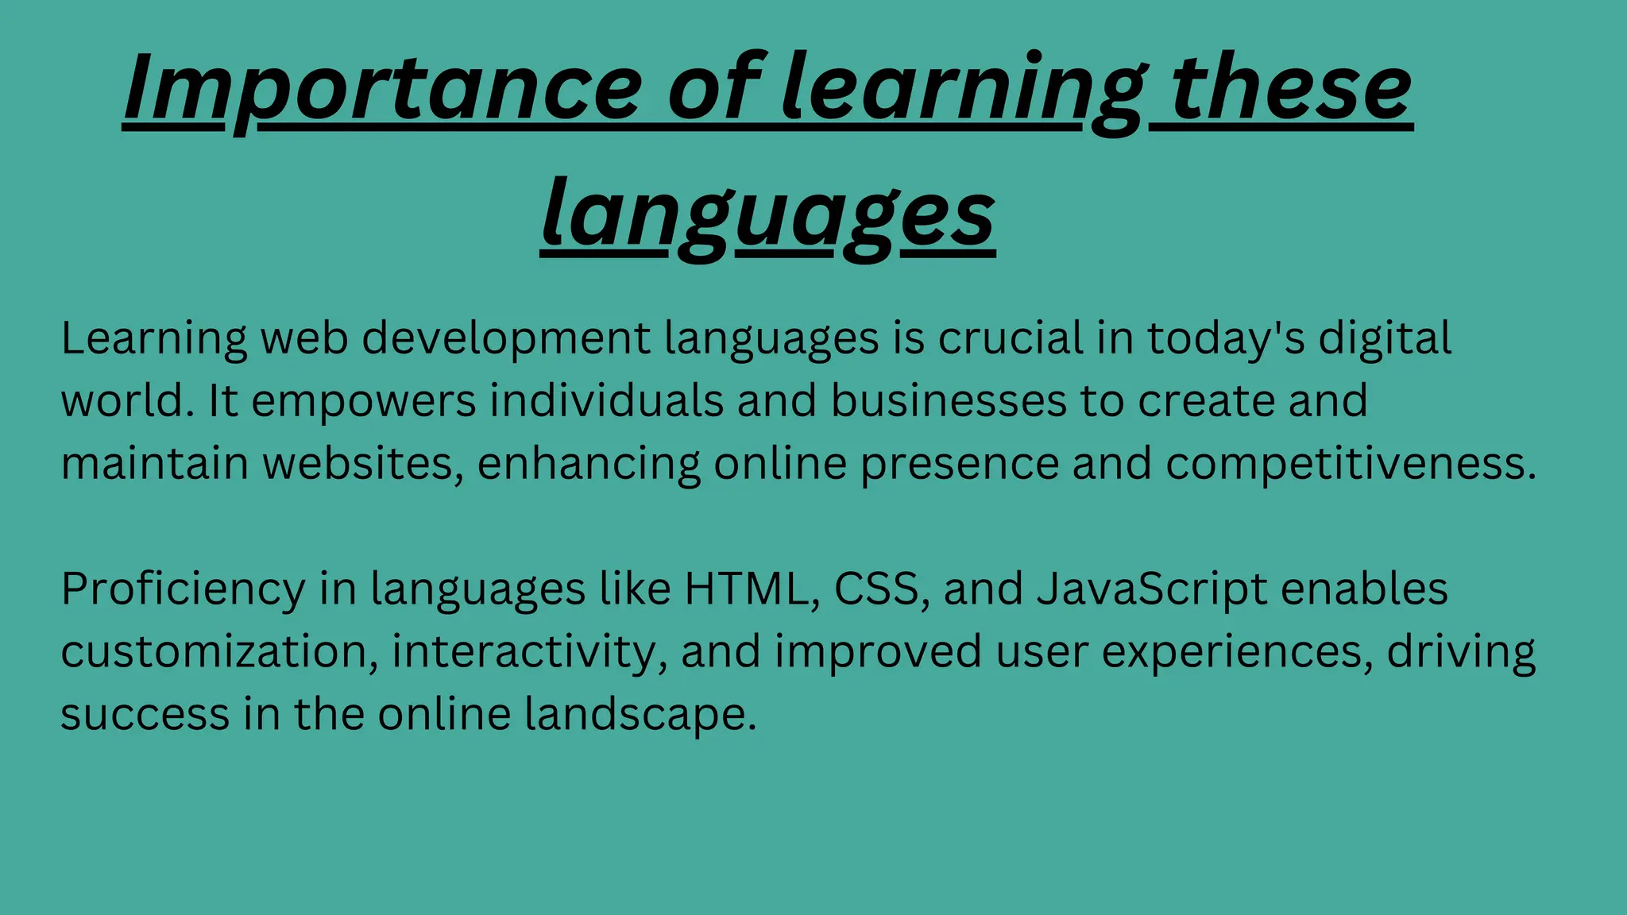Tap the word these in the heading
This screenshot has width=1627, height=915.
(x=1291, y=87)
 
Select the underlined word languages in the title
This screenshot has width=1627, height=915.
(x=767, y=214)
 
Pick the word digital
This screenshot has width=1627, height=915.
(x=1385, y=338)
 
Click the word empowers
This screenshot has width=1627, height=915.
(x=363, y=401)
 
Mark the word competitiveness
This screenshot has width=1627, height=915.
(x=1351, y=463)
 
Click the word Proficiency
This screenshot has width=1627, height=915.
(x=183, y=589)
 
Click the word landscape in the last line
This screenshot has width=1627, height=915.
(x=640, y=714)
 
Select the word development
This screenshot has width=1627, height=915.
(x=506, y=338)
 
